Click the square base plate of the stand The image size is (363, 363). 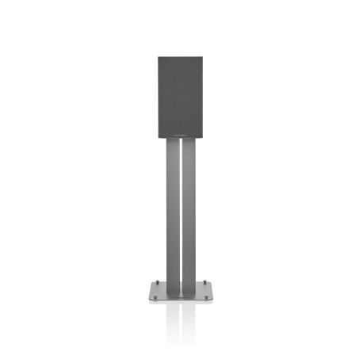[181, 291]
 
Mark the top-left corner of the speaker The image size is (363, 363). [158, 57]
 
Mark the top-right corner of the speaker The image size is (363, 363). [204, 57]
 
